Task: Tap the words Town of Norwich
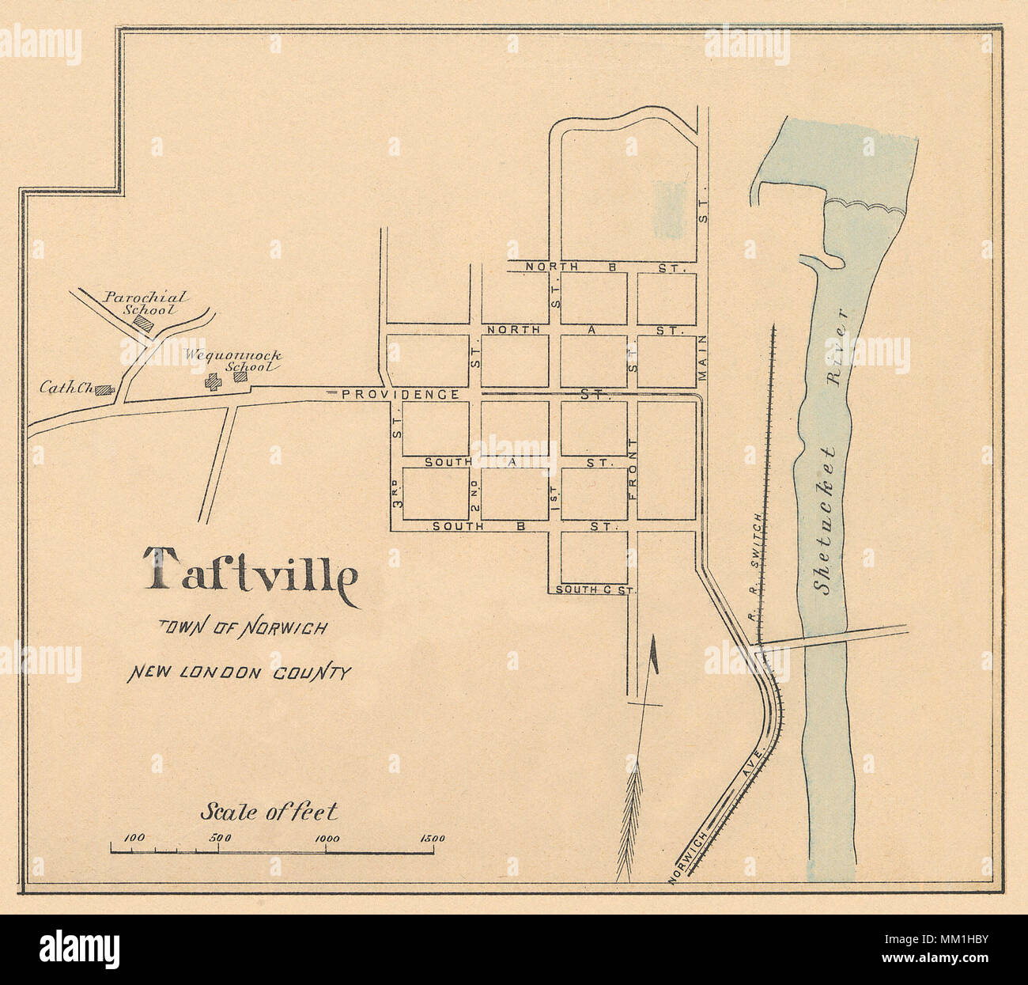click(244, 627)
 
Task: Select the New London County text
click(239, 673)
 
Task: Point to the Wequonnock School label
click(232, 361)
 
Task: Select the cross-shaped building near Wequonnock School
click(213, 381)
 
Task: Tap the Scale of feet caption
click(269, 811)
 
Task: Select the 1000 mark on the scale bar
click(327, 839)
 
